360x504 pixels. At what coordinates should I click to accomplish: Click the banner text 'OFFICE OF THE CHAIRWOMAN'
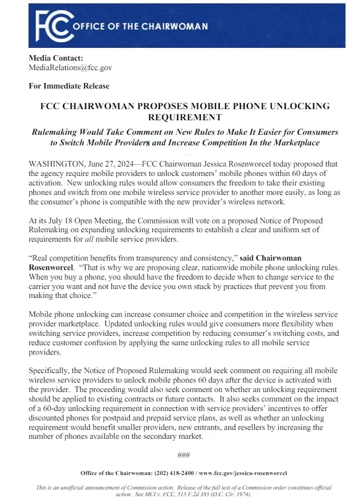click(x=140, y=26)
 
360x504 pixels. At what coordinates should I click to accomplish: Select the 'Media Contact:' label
click(x=56, y=58)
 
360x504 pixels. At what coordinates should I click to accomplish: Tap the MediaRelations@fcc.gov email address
click(x=70, y=67)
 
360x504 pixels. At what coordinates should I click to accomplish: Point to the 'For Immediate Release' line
click(x=69, y=86)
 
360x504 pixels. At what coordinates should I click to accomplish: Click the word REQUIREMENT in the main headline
click(x=184, y=117)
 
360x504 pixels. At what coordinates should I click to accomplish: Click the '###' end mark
click(x=184, y=455)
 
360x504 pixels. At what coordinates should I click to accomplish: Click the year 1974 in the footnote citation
click(x=242, y=494)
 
